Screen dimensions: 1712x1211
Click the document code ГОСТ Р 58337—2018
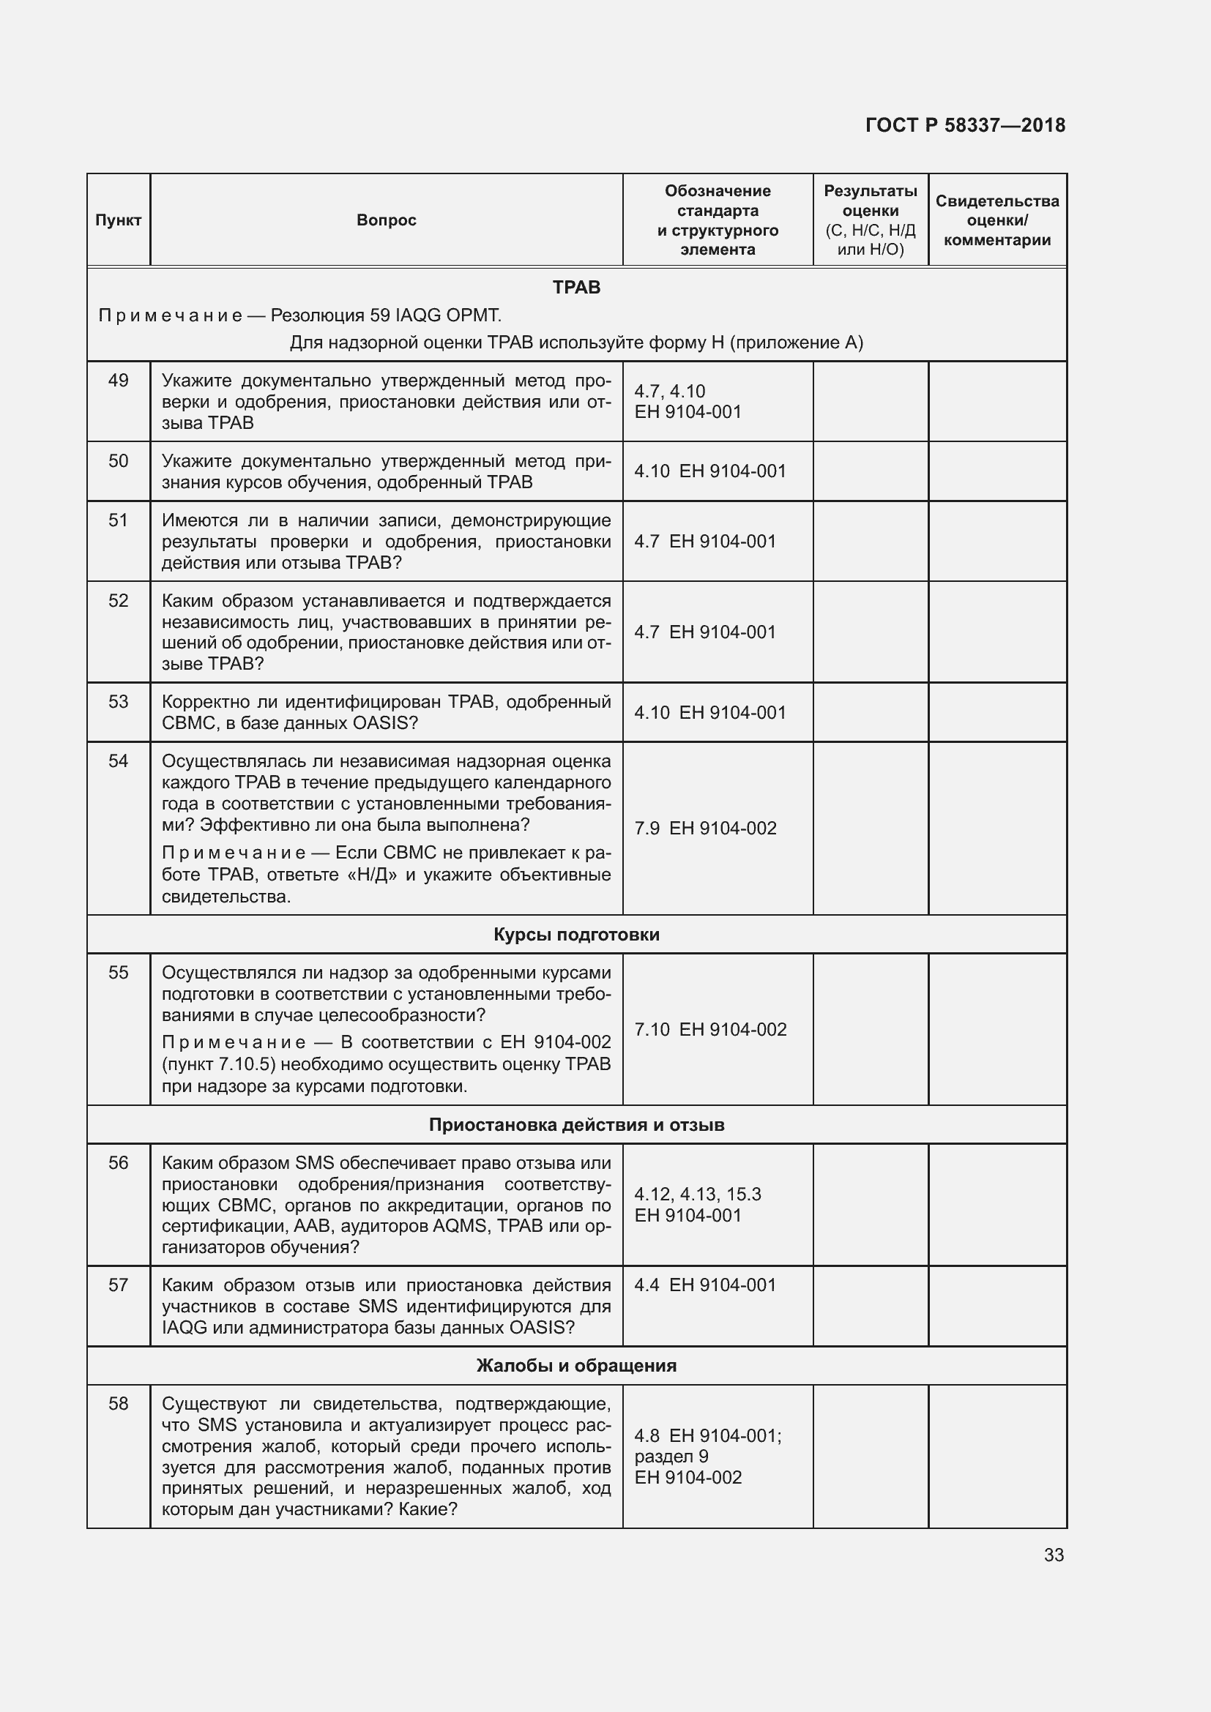coord(965,125)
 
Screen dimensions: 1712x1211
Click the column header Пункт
coord(118,220)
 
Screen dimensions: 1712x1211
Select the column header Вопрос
coord(386,220)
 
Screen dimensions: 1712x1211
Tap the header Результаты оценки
coord(871,220)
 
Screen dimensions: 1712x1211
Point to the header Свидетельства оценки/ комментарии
coord(997,220)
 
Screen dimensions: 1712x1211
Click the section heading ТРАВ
coord(576,288)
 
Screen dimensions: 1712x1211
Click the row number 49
coord(118,381)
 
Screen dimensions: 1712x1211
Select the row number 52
coord(118,601)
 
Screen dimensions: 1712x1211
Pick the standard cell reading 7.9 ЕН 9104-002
coord(704,829)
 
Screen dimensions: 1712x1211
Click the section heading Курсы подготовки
coord(576,934)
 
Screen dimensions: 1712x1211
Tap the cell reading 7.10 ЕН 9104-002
coord(710,1030)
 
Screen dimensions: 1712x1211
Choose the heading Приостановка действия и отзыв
coord(576,1124)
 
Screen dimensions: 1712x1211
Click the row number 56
coord(118,1163)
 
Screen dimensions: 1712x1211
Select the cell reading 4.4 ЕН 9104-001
coord(704,1285)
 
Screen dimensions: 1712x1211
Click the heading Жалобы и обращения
coord(576,1365)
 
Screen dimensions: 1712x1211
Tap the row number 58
coord(118,1404)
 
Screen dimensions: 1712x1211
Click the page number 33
coord(1053,1555)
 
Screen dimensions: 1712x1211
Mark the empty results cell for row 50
coord(871,471)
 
